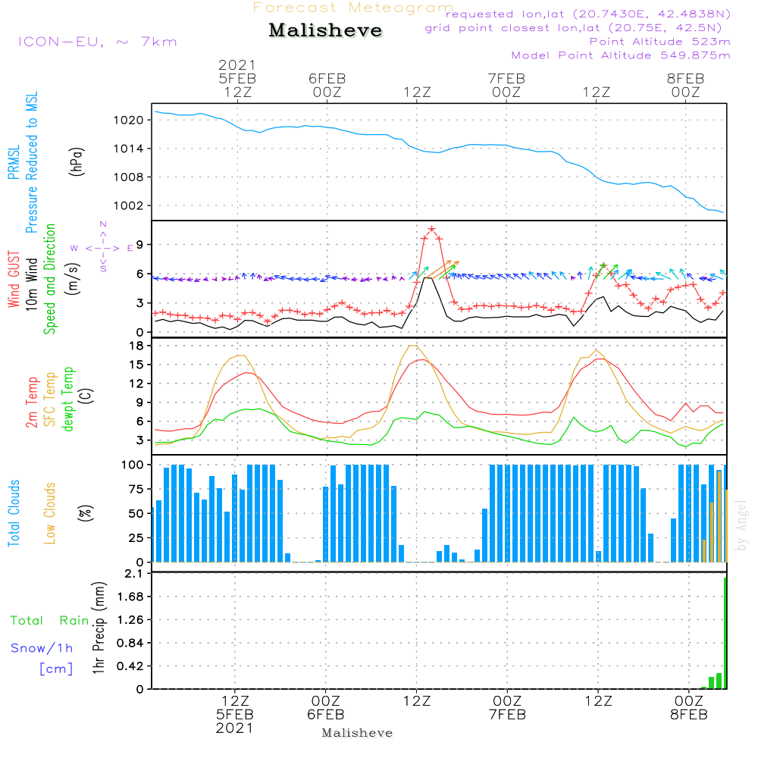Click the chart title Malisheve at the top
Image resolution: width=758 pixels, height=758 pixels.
click(x=325, y=31)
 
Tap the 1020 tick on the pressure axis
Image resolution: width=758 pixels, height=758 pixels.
click(x=130, y=120)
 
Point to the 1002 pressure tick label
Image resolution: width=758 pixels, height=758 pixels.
click(x=130, y=205)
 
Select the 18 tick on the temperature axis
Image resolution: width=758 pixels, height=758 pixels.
click(x=137, y=346)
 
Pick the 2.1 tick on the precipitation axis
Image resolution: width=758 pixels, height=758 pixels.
click(x=136, y=574)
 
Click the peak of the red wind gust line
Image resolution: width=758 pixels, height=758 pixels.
click(x=431, y=228)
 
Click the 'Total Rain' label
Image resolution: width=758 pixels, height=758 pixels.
click(x=49, y=621)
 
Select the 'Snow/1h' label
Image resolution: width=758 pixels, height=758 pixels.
click(x=42, y=648)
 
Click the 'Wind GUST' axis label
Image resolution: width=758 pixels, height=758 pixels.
click(x=14, y=280)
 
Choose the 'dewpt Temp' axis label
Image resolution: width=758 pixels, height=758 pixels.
click(x=68, y=399)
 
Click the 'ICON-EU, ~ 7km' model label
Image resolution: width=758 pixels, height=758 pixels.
click(x=97, y=42)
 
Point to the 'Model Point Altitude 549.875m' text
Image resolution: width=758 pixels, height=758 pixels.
click(x=621, y=55)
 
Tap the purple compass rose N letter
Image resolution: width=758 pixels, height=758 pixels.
click(x=103, y=224)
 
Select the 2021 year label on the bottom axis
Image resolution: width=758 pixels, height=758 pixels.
click(x=235, y=728)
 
